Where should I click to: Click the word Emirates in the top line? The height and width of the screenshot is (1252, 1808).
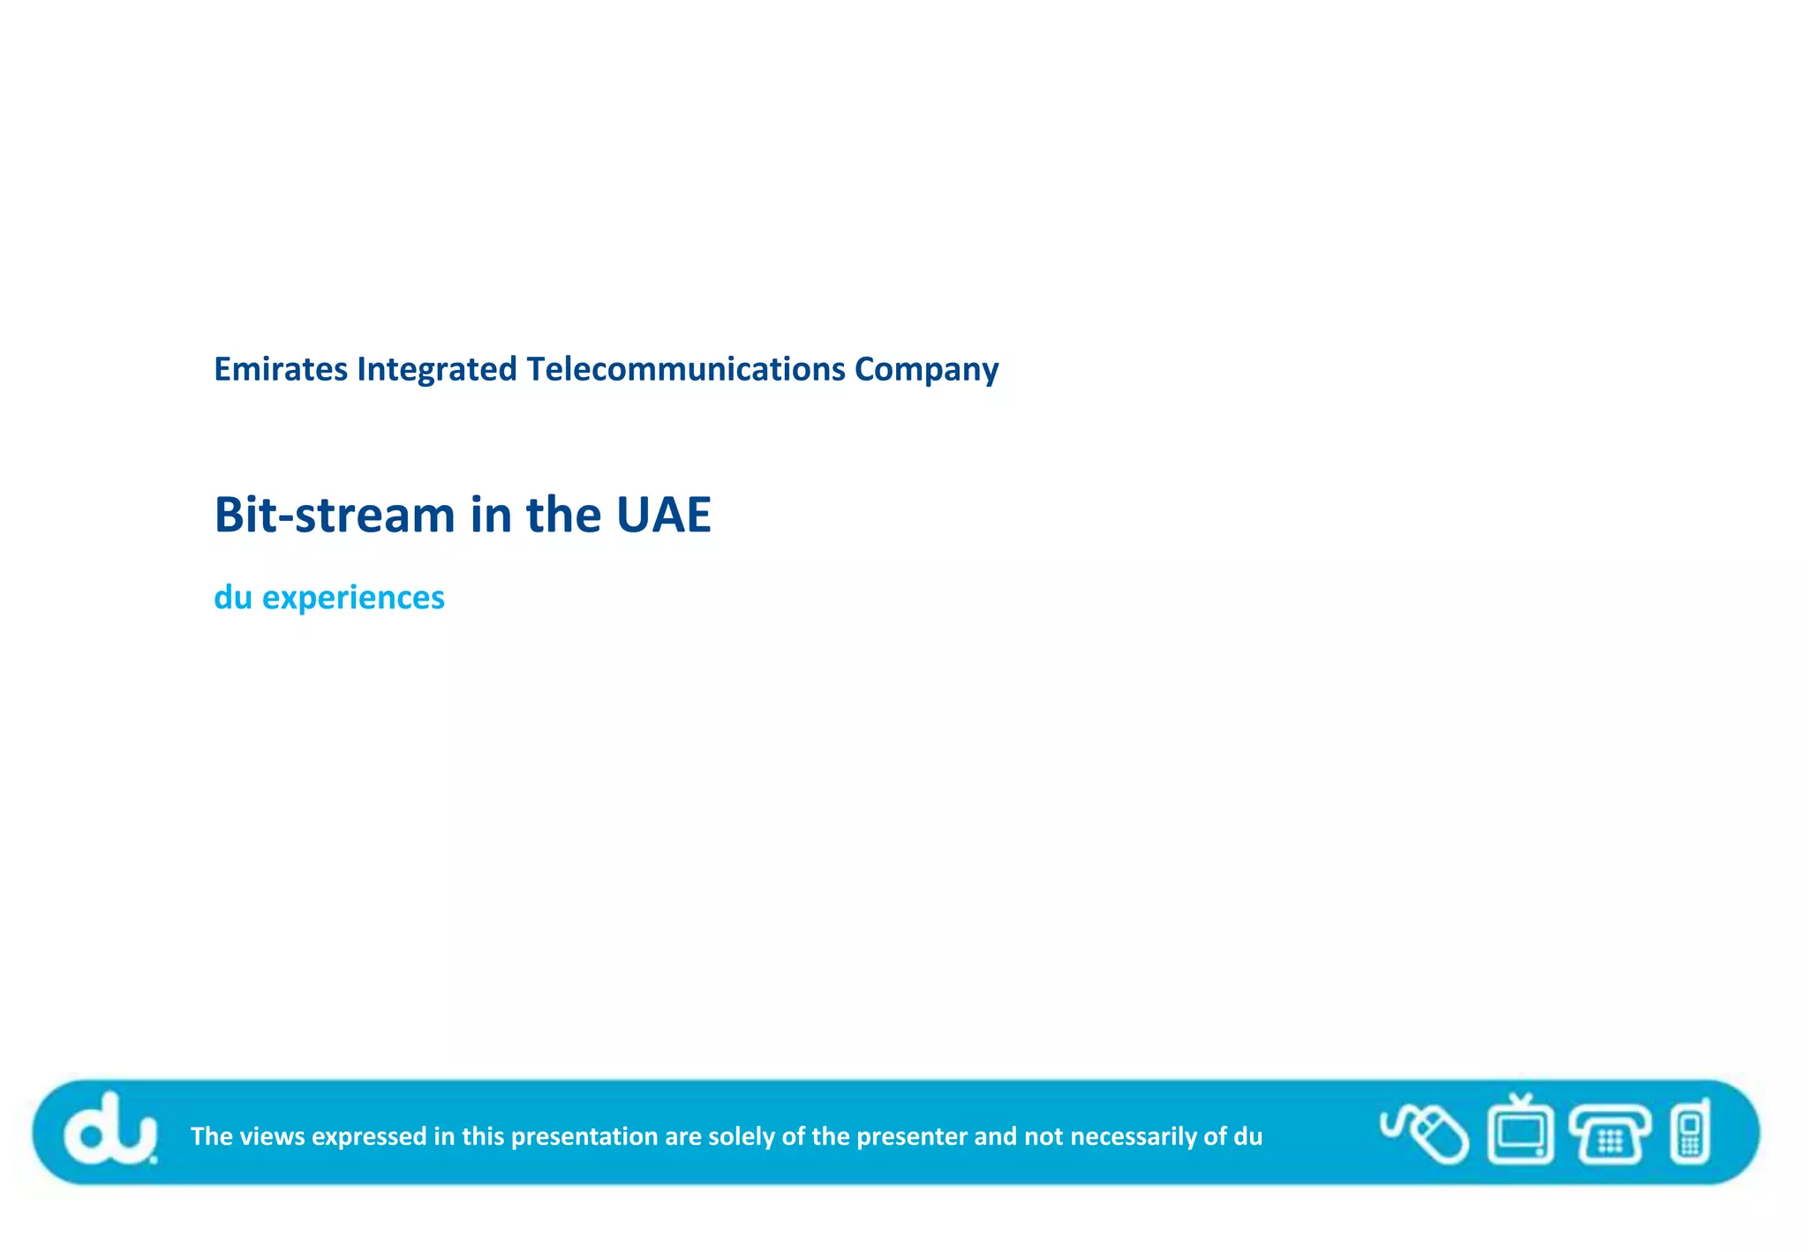(x=281, y=369)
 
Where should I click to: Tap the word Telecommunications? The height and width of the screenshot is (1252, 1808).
(x=686, y=369)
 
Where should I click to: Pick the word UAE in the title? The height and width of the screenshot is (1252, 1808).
(x=663, y=515)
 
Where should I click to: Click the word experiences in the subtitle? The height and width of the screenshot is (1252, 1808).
(x=353, y=599)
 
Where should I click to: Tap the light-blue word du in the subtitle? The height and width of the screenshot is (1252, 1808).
(x=233, y=598)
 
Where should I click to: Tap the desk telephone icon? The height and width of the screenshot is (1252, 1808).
(x=1609, y=1135)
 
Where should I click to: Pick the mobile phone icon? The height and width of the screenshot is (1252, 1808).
(x=1690, y=1133)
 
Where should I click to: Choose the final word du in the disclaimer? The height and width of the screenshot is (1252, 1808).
(x=1247, y=1136)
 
